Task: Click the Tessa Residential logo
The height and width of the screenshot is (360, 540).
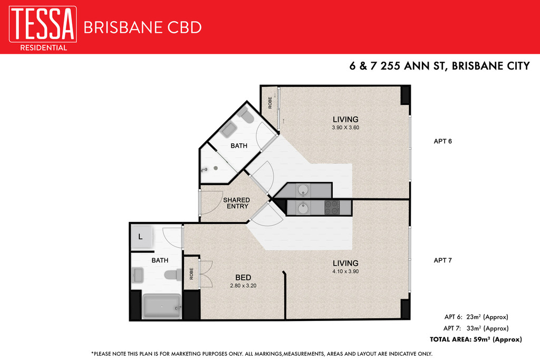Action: coord(43,28)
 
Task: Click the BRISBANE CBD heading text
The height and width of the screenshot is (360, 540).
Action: coord(142,27)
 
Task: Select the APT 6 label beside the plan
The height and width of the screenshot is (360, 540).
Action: coord(442,141)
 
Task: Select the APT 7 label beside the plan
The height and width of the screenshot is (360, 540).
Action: coord(442,260)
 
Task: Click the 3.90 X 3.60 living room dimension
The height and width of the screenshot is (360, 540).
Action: coord(345,128)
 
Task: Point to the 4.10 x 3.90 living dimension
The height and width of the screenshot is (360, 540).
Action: coord(345,271)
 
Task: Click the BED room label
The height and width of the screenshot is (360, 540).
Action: coord(243,277)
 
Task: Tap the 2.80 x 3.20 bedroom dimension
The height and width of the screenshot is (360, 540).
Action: coord(243,285)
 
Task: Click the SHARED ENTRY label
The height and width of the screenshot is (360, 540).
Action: coord(236,203)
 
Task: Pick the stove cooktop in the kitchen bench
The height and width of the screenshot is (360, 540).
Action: coord(332,208)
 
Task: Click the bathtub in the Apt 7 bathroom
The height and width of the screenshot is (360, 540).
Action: coord(161,306)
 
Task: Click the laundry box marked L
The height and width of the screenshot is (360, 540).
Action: coord(140,237)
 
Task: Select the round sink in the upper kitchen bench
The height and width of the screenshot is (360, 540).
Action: coord(303,189)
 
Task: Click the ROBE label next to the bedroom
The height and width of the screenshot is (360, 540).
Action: coord(191,274)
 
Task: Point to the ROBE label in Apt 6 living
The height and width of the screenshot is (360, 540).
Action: coord(270,103)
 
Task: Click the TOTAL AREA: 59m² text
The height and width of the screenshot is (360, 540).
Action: coord(476,339)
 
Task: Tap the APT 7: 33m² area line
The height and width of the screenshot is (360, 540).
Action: coord(476,328)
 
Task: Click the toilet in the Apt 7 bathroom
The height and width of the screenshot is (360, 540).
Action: coord(173,275)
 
